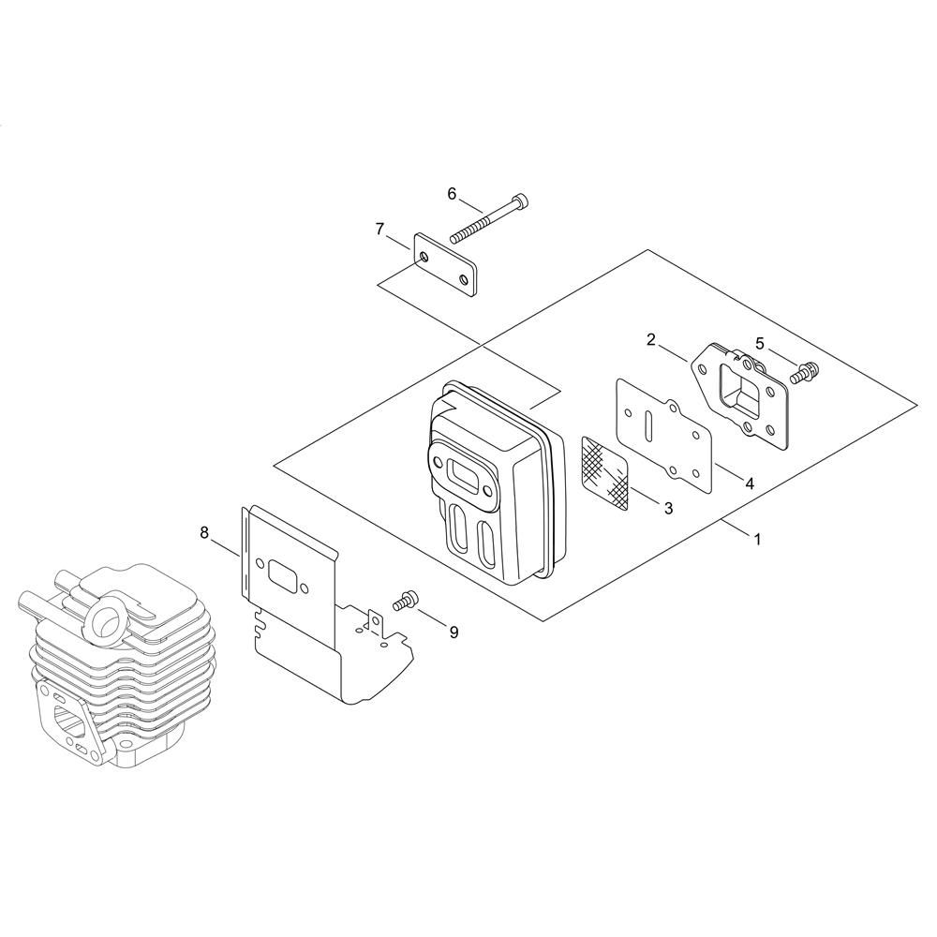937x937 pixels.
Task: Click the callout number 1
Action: coord(757,540)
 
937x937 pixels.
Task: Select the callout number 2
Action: coord(651,340)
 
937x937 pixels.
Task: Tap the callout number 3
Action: coord(668,508)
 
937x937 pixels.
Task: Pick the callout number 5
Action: coord(760,343)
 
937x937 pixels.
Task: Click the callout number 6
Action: coord(452,194)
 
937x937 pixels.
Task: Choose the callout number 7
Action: coord(380,230)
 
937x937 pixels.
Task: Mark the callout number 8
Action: coord(204,532)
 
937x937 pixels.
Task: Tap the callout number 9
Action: coord(454,632)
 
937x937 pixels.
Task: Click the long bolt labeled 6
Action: coord(490,218)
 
